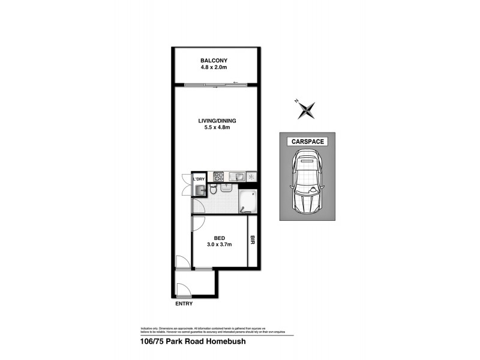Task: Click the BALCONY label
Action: coord(214,60)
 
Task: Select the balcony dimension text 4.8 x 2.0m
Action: coord(214,67)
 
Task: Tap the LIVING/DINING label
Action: coord(214,121)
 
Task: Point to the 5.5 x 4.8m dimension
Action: coord(214,128)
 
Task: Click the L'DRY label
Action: coord(199,179)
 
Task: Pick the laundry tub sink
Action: coord(200,190)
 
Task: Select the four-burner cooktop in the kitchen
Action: coord(219,176)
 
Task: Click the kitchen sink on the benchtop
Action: coord(238,176)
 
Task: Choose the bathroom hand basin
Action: coord(226,188)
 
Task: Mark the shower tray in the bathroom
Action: coord(248,201)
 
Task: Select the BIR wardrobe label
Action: coord(253,241)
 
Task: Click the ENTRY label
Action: coord(184,304)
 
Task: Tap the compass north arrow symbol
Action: coord(307,109)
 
